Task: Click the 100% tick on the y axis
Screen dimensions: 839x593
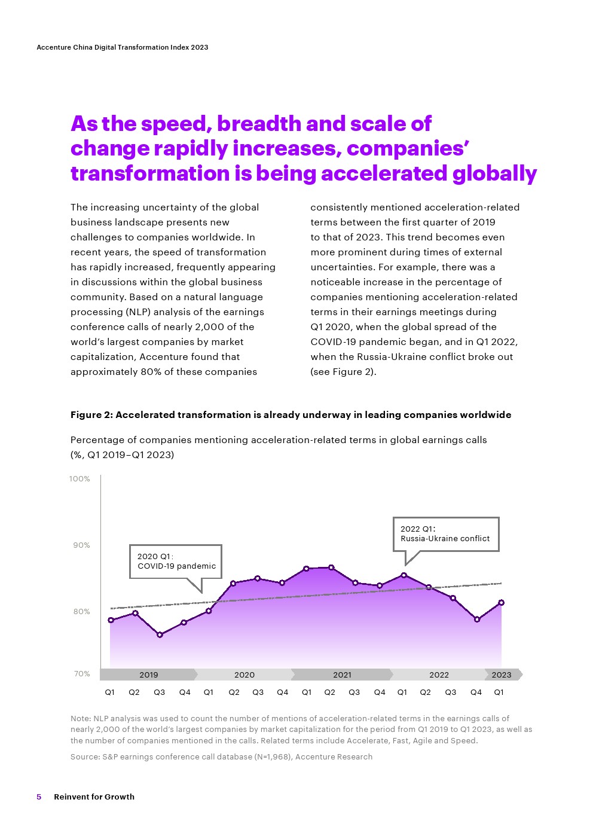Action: pyautogui.click(x=80, y=479)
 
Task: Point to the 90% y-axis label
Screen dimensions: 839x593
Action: pyautogui.click(x=81, y=545)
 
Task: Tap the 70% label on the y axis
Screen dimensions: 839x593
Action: pyautogui.click(x=82, y=674)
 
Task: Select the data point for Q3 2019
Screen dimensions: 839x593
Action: pyautogui.click(x=160, y=634)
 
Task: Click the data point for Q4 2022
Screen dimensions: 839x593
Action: pyautogui.click(x=477, y=620)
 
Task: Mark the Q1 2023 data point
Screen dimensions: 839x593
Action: pyautogui.click(x=502, y=603)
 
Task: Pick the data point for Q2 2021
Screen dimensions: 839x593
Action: pyautogui.click(x=331, y=568)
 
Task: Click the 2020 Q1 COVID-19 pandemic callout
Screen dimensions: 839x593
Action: pyautogui.click(x=176, y=562)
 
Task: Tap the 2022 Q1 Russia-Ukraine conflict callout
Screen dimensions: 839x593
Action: pyautogui.click(x=445, y=534)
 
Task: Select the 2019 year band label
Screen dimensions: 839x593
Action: pyautogui.click(x=149, y=675)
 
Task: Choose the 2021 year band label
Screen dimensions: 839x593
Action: pyautogui.click(x=342, y=675)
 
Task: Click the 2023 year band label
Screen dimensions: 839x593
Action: pyautogui.click(x=502, y=675)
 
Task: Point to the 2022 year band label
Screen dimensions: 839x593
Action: pyautogui.click(x=439, y=675)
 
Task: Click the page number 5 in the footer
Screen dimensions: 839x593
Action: pyautogui.click(x=39, y=797)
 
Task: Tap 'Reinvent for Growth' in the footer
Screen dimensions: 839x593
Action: pyautogui.click(x=94, y=797)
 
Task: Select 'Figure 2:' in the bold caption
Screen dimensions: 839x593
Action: pyautogui.click(x=91, y=415)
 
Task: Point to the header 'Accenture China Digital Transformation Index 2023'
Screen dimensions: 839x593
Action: pyautogui.click(x=123, y=47)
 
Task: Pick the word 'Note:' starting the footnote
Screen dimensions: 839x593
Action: pyautogui.click(x=81, y=719)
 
